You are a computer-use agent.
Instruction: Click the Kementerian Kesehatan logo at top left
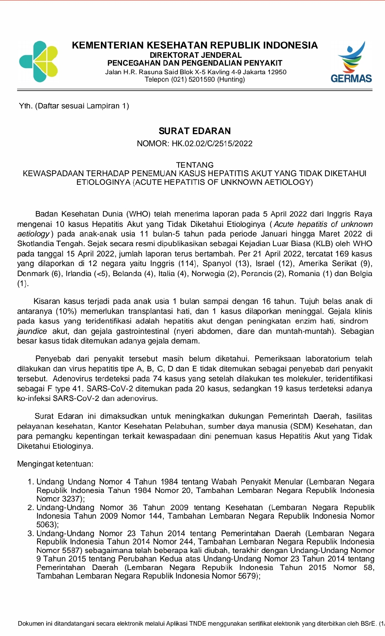[x=38, y=62]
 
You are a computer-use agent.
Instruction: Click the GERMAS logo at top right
[x=351, y=62]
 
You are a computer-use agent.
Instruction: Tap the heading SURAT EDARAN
[x=195, y=131]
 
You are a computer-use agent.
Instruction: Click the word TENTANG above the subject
[x=195, y=165]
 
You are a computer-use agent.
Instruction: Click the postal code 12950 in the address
[x=277, y=72]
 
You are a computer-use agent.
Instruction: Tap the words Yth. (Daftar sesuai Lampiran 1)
[x=74, y=106]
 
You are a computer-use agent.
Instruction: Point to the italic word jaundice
[x=32, y=331]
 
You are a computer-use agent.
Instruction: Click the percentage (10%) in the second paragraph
[x=66, y=311]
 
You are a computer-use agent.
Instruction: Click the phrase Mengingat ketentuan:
[x=55, y=464]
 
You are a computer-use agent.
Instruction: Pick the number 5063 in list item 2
[x=46, y=524]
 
